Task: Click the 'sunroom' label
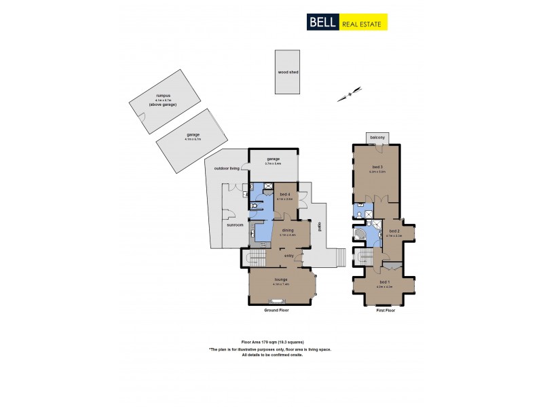click(x=234, y=225)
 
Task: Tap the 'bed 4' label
click(x=284, y=195)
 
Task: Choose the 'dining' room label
click(x=287, y=231)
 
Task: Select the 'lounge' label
click(x=280, y=279)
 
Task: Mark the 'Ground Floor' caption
click(x=278, y=310)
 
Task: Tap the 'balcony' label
click(x=377, y=138)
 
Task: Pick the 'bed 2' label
click(x=393, y=231)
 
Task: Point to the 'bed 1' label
click(x=384, y=282)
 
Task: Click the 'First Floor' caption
click(x=385, y=310)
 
